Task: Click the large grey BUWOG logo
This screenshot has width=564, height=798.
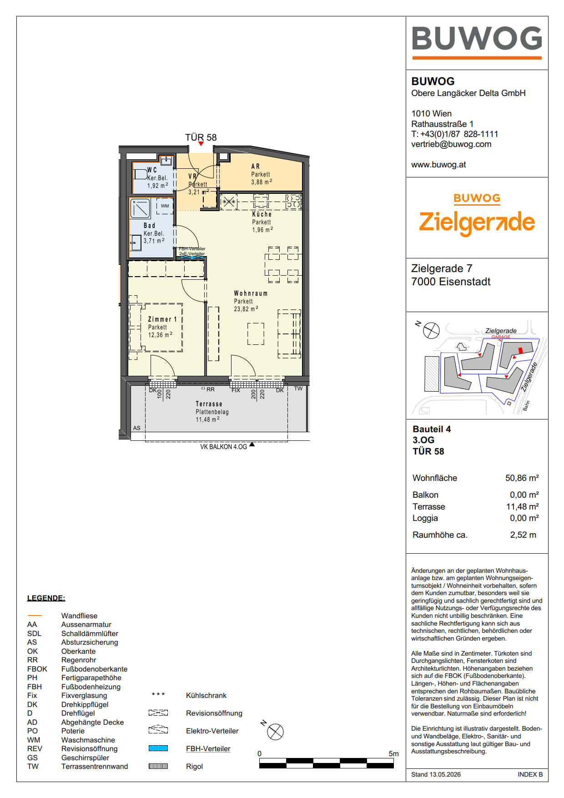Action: click(477, 38)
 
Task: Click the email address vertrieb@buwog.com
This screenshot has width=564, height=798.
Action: click(451, 144)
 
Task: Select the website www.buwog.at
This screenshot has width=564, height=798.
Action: click(438, 165)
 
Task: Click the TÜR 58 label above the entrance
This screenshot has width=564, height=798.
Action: click(201, 137)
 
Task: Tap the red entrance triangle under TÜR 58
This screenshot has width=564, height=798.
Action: click(201, 144)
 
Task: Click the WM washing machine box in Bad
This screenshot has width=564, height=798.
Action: click(165, 206)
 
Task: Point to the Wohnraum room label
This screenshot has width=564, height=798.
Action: click(251, 293)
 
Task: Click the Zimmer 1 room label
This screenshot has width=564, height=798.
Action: click(162, 319)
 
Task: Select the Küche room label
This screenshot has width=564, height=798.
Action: click(262, 214)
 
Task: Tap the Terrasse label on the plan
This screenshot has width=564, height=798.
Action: click(209, 404)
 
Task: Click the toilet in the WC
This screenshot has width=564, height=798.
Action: click(140, 173)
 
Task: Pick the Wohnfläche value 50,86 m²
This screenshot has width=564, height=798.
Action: click(522, 478)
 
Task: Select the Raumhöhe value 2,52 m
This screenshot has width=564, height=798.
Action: click(523, 535)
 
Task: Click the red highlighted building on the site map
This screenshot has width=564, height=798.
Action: click(521, 350)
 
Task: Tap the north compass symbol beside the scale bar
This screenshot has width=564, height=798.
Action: click(275, 732)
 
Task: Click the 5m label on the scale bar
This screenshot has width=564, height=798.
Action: click(393, 754)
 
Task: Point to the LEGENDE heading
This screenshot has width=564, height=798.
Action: click(46, 598)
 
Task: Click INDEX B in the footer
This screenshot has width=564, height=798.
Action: click(530, 774)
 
